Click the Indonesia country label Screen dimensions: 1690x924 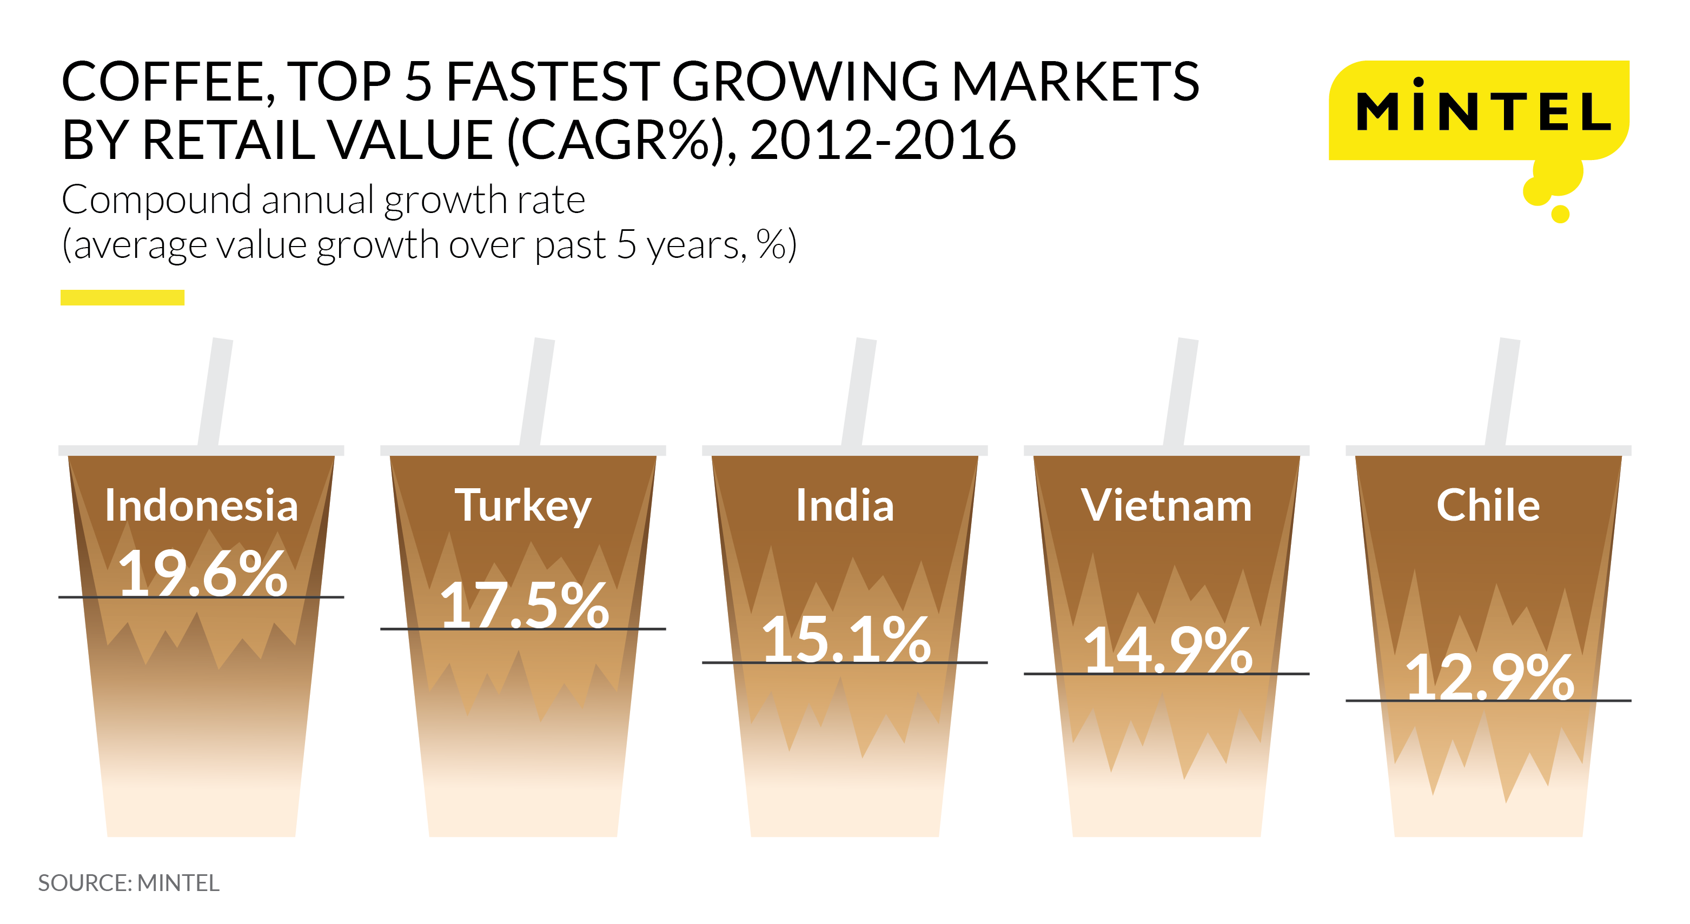click(201, 505)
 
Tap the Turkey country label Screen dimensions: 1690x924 click(523, 506)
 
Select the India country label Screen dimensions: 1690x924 click(845, 505)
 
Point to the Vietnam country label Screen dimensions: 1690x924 click(1167, 505)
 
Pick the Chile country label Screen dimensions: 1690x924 click(1488, 505)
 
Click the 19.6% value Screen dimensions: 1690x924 click(203, 573)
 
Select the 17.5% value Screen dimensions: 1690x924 click(524, 604)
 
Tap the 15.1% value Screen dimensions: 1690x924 click(846, 638)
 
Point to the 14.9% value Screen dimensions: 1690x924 click(1168, 649)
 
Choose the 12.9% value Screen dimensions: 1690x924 click(1489, 677)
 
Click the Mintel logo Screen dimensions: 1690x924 click(1480, 110)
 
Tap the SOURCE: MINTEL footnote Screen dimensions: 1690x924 click(129, 883)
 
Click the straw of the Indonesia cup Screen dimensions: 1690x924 click(216, 392)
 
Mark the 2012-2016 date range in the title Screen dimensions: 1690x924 click(883, 139)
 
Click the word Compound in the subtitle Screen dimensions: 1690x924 click(157, 200)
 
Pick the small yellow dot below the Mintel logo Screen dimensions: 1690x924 click(1560, 214)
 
